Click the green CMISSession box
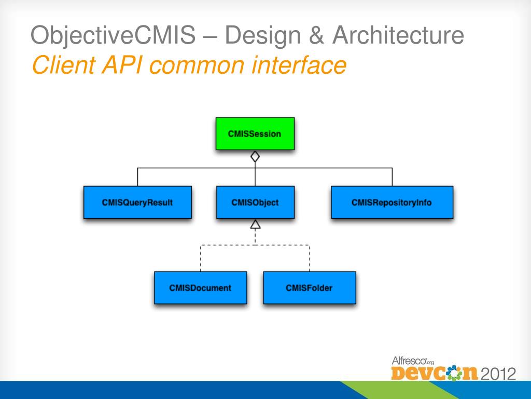[x=255, y=134]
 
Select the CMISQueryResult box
[x=137, y=202]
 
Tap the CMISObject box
[x=255, y=202]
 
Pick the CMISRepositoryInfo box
[x=392, y=202]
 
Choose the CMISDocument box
[x=200, y=287]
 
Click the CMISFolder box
[x=309, y=287]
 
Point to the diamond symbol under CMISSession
[x=255, y=156]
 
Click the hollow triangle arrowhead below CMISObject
[x=255, y=224]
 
